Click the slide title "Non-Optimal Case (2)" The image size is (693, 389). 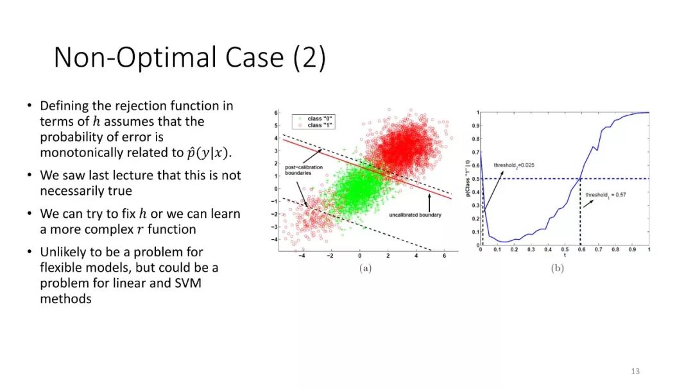point(190,58)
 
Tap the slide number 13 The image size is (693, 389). point(635,371)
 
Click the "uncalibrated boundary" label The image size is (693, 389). point(415,215)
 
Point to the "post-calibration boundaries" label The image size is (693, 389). point(304,170)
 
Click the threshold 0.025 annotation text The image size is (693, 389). point(514,165)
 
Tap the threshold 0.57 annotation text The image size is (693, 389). point(606,195)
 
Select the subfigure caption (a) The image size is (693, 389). point(366,268)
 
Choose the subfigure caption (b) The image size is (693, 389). point(558,268)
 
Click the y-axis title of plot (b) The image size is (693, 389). point(468,178)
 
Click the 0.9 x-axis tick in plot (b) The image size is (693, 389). point(633,249)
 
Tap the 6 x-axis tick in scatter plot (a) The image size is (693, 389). point(444,256)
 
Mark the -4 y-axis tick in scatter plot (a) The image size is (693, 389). point(275,239)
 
